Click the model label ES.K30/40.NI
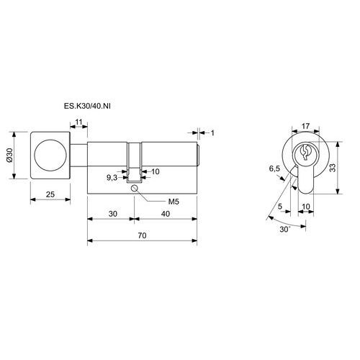coord(87,106)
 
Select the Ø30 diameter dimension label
coord(9,156)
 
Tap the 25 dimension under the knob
coord(50,194)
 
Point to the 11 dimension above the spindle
coord(78,122)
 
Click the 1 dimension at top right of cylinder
coord(212,132)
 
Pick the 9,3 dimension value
coord(112,178)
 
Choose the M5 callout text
coord(174,202)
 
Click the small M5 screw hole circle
coord(135,188)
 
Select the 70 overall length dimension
coord(142,235)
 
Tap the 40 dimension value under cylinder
coord(166,214)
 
